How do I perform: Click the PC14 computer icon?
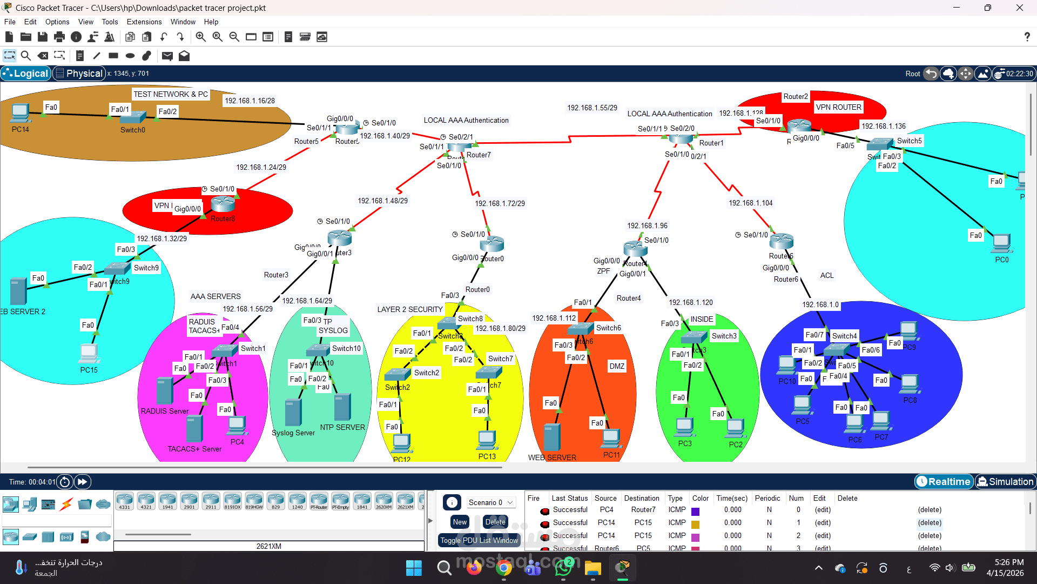[20, 114]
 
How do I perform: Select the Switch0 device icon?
[133, 117]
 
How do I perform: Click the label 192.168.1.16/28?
[250, 101]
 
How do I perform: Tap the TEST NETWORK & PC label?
[171, 94]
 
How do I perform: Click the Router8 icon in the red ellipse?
[223, 204]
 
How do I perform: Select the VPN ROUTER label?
[838, 107]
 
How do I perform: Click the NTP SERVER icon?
[342, 407]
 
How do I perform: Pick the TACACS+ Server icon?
[194, 429]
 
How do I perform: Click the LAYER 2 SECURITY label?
[410, 309]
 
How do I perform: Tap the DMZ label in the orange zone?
[617, 366]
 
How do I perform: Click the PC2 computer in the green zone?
[735, 428]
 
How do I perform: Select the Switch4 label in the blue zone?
[844, 336]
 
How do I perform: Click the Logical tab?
[26, 74]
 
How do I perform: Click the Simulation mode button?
[1005, 481]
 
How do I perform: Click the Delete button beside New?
[495, 522]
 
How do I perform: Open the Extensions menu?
[144, 22]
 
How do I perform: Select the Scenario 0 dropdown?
[490, 502]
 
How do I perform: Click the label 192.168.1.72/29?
[500, 203]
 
